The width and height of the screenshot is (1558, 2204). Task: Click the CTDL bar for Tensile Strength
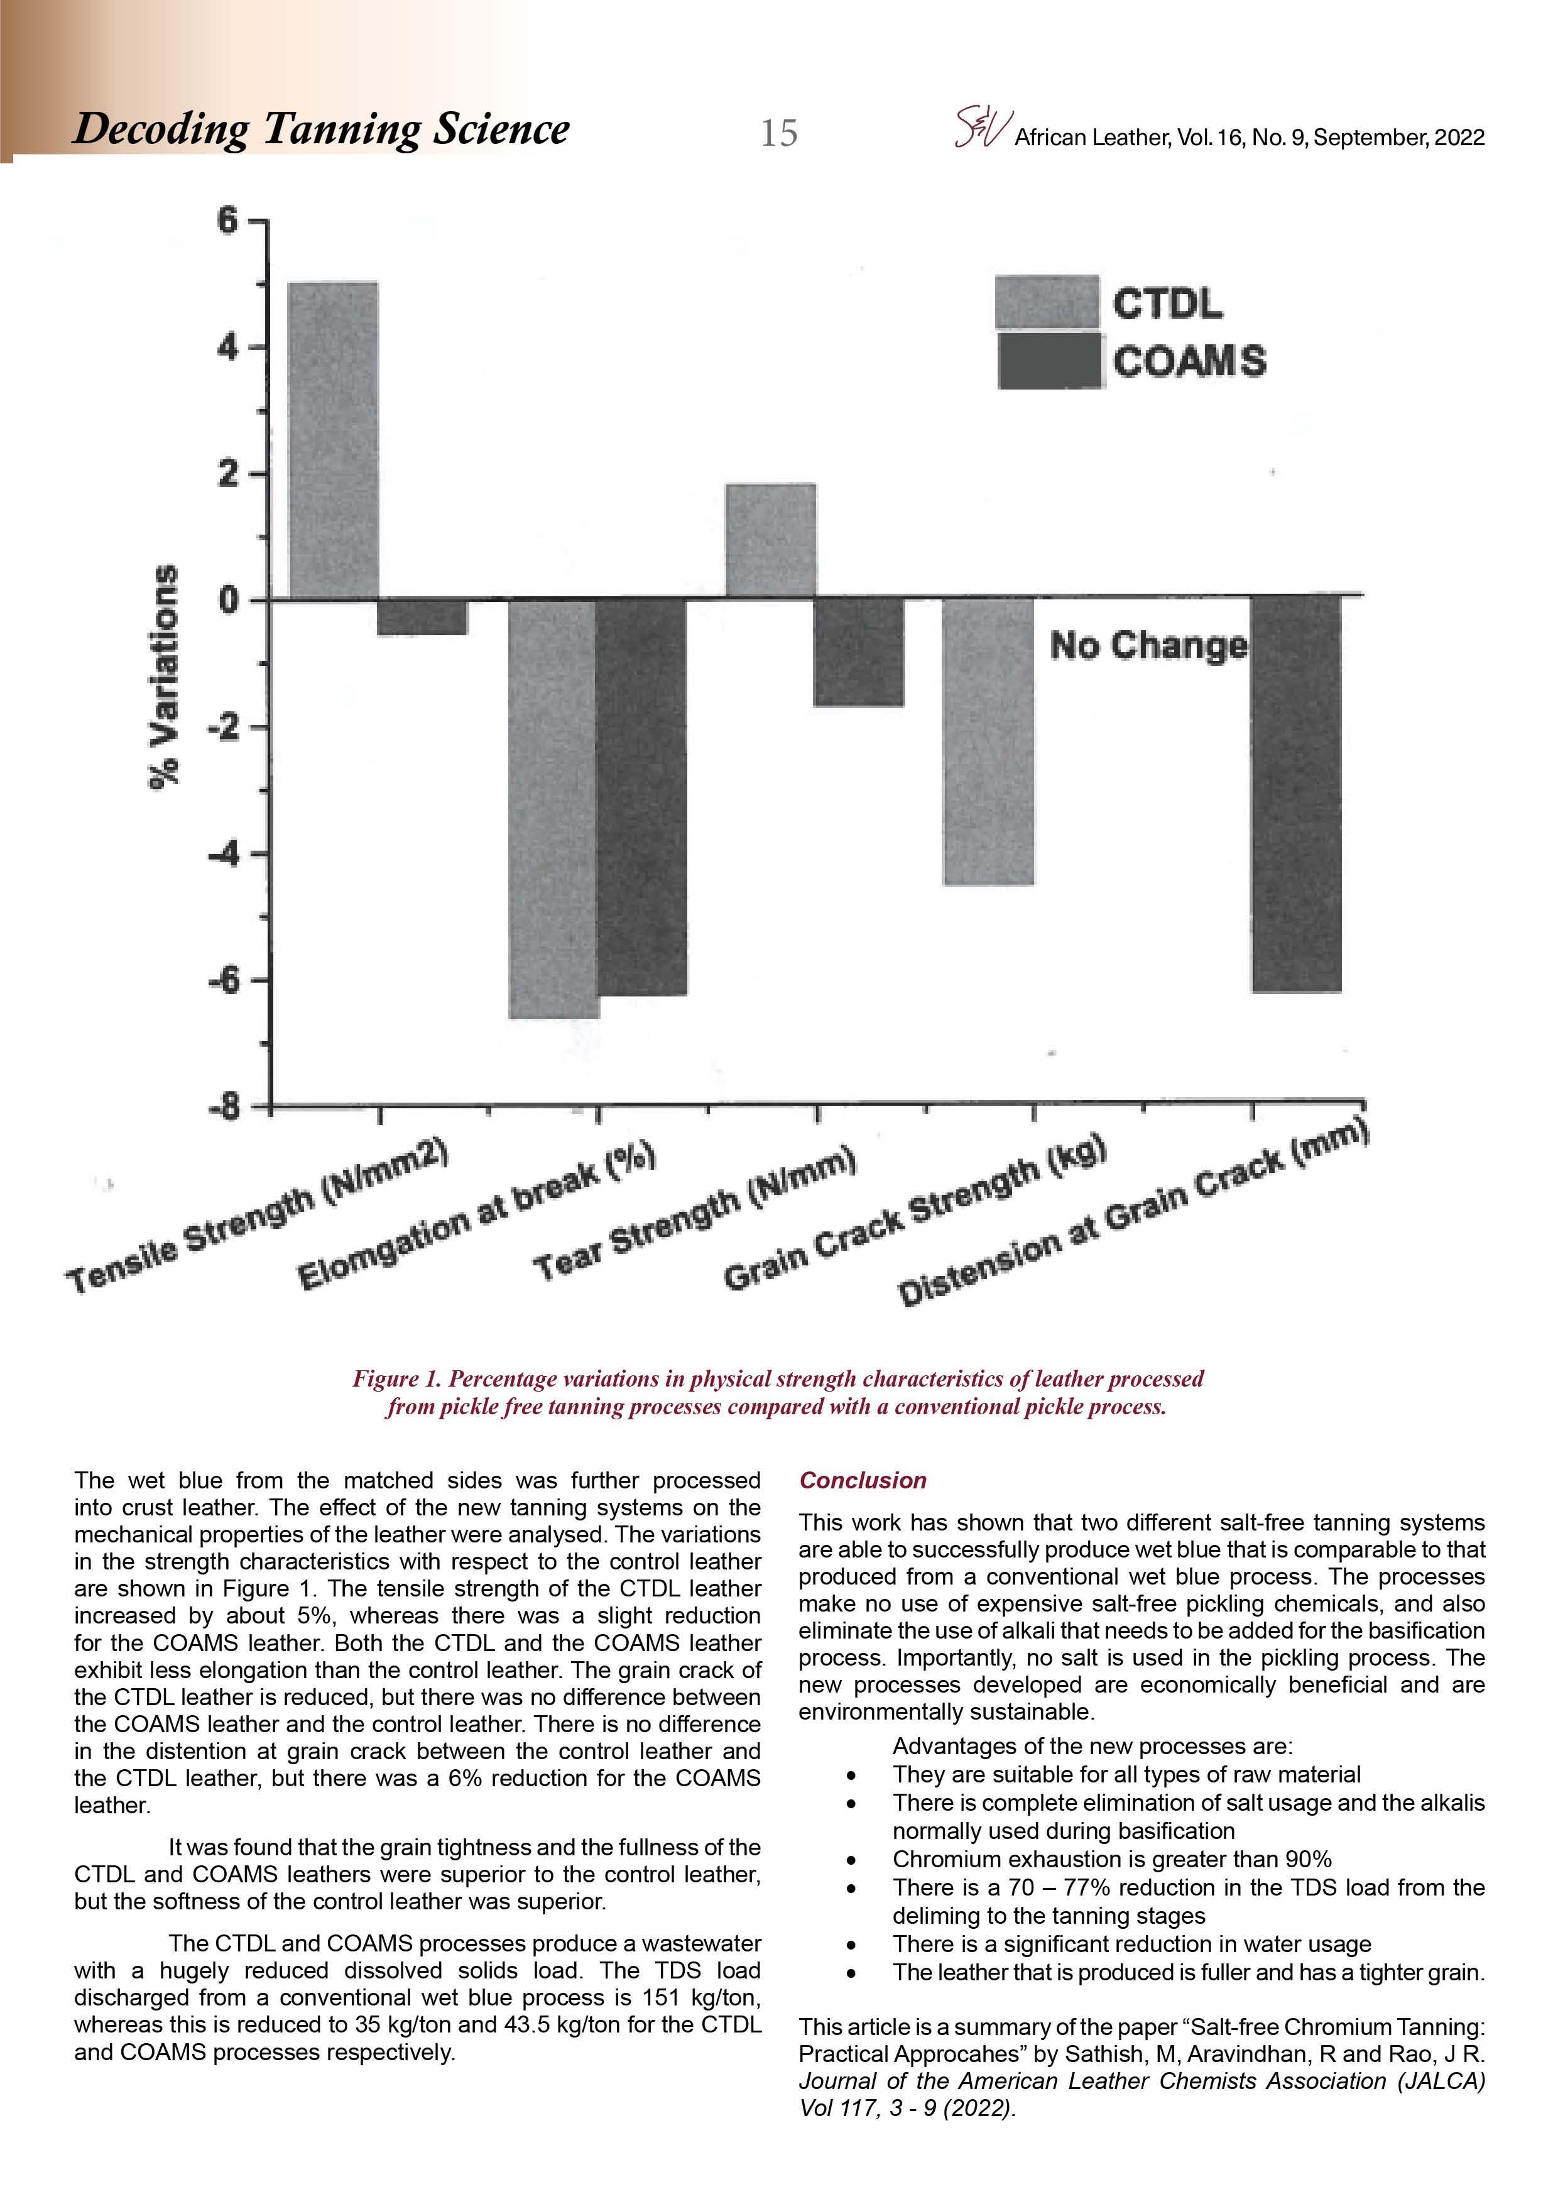point(333,440)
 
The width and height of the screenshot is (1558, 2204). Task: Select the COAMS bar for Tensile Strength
point(422,616)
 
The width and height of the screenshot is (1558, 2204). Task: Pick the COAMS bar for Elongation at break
point(641,796)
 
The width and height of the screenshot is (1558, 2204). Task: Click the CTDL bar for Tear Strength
point(772,540)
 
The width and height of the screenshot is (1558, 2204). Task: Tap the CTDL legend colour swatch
point(1047,302)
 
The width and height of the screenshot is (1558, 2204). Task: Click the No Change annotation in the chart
point(1148,645)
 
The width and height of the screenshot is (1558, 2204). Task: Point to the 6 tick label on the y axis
point(227,221)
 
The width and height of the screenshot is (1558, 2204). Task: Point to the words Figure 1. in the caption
point(396,1378)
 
